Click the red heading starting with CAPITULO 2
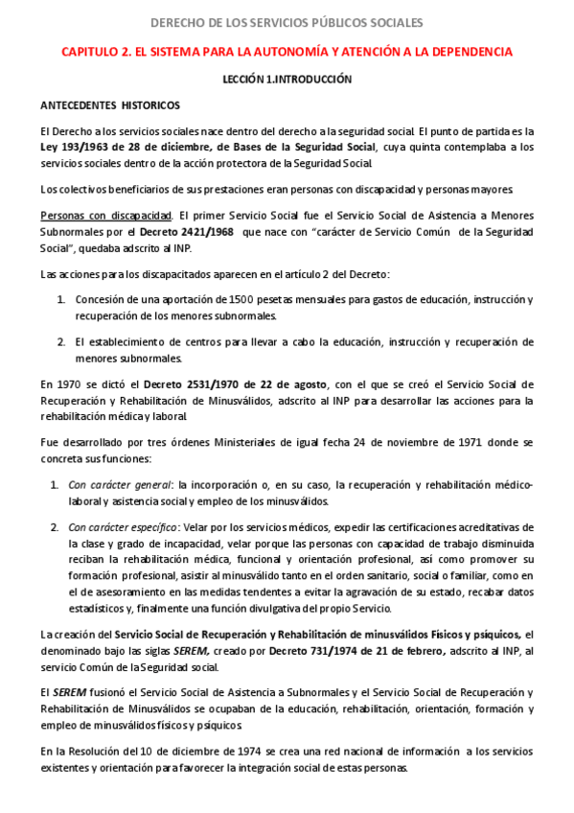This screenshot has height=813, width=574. click(x=287, y=52)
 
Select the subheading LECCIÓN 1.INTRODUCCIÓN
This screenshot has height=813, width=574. click(x=287, y=80)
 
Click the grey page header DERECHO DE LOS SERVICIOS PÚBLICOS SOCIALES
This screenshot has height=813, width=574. click(x=287, y=23)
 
